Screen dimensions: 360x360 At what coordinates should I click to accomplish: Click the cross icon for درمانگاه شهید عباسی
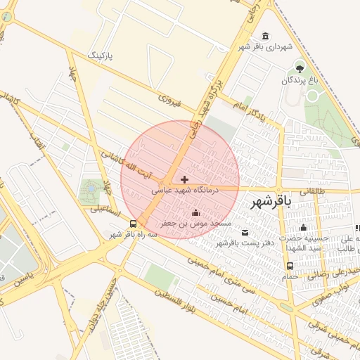[184, 180]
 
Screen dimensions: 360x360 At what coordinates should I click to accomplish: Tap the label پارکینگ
[99, 54]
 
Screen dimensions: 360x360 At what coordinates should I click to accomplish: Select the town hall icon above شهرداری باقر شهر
[265, 36]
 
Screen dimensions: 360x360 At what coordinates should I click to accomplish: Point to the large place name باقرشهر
[270, 202]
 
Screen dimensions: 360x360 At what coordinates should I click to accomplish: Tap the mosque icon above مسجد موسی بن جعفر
[195, 213]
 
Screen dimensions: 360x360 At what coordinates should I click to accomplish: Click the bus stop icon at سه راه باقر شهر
[134, 224]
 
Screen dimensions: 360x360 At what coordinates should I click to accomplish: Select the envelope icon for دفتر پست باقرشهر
[245, 233]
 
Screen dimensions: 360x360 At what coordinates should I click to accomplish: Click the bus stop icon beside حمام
[290, 266]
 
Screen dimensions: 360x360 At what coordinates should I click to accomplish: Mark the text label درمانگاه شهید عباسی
[185, 190]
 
